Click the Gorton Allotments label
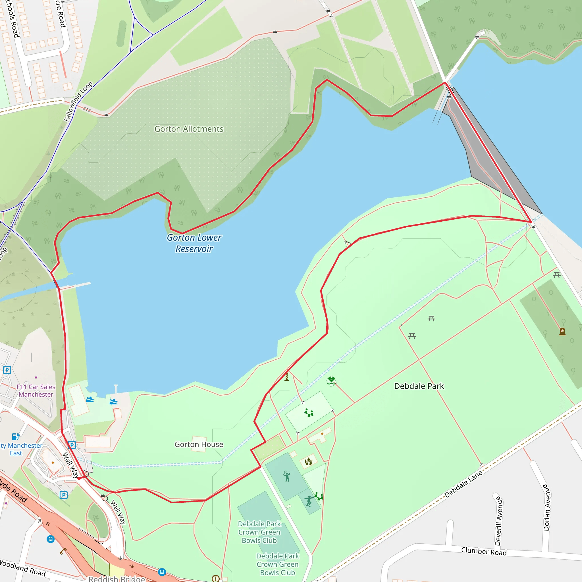coord(189,129)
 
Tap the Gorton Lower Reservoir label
coord(194,243)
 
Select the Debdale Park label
coord(419,386)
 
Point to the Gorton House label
coord(199,444)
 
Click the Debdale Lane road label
coord(463,485)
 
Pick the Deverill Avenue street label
coord(498,521)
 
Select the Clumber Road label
coord(484,551)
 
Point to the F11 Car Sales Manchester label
coord(36,390)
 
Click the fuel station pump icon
coord(16,436)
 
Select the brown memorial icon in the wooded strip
coord(562,331)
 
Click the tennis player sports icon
coord(287,476)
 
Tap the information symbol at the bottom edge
coord(215,578)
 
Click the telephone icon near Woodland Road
coord(63,551)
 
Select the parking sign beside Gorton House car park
coord(72,445)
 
